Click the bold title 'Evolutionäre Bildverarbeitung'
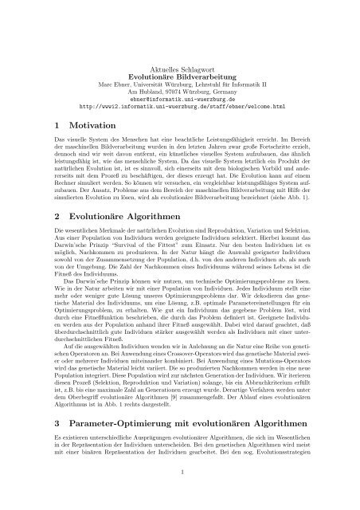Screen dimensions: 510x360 (180, 80)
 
